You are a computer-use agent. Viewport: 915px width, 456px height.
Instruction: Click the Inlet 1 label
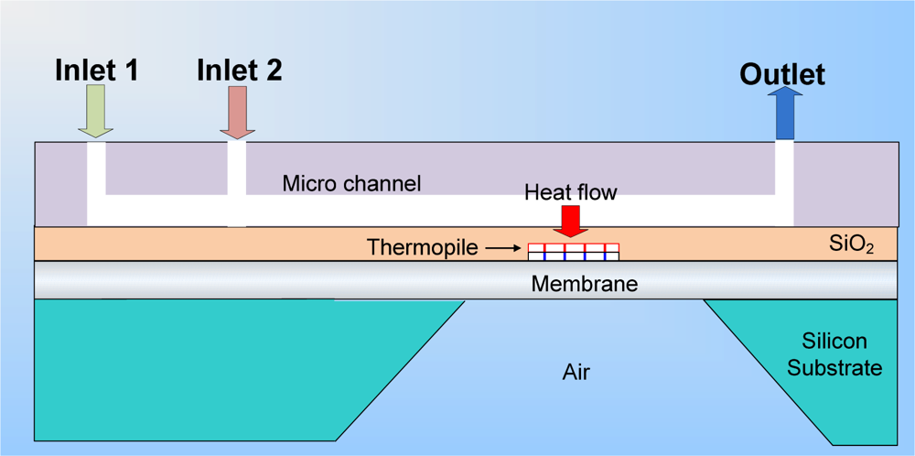(x=96, y=70)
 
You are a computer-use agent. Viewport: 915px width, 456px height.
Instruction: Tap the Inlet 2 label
(x=240, y=70)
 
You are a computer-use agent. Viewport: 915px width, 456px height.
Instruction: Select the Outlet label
(x=782, y=74)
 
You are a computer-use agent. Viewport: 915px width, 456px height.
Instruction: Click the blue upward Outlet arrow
(x=785, y=114)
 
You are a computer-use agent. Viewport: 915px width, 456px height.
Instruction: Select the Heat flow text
(x=570, y=192)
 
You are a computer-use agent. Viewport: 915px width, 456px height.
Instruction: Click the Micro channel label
(x=351, y=183)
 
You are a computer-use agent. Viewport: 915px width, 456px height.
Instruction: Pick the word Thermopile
(x=423, y=247)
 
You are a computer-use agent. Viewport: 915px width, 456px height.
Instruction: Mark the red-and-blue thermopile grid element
(x=574, y=252)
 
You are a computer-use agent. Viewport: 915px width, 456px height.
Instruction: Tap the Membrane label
(x=584, y=284)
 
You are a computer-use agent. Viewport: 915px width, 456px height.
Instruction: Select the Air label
(x=576, y=372)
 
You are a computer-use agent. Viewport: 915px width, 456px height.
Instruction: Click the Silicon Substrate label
(x=834, y=355)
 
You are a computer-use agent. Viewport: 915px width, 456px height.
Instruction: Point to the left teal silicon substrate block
(x=210, y=366)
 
